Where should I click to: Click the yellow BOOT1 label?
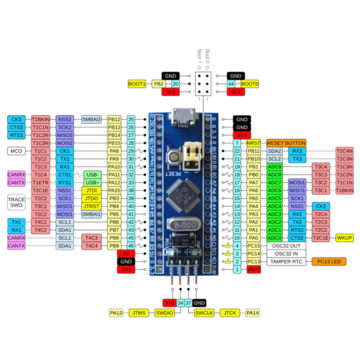[137, 84]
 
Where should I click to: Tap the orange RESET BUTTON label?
[286, 143]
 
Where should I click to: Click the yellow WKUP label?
[344, 238]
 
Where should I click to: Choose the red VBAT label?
[253, 270]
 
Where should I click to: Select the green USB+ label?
[92, 182]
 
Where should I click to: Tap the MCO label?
[16, 151]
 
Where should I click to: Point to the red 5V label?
[126, 253]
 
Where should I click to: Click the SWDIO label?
[164, 313]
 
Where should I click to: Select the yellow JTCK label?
[229, 313]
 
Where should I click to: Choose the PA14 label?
[253, 313]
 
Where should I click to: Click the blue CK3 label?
[16, 119]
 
